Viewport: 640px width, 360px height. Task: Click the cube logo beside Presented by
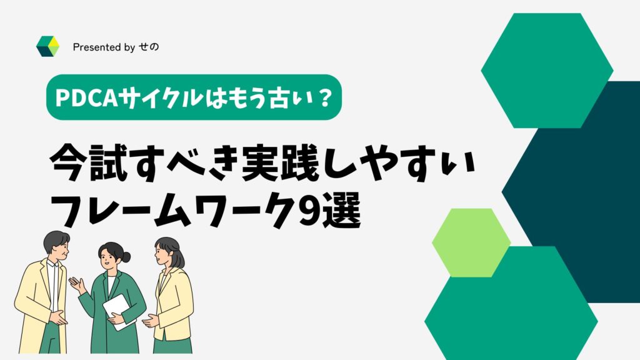point(47,46)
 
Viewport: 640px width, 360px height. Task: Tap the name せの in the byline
point(149,47)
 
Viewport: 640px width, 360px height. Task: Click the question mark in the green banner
point(324,98)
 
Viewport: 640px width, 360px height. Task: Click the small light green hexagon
point(471,243)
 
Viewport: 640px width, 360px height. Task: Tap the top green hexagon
point(547,71)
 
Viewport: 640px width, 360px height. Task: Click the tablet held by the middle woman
point(119,311)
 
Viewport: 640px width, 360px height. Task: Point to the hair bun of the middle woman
point(126,257)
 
